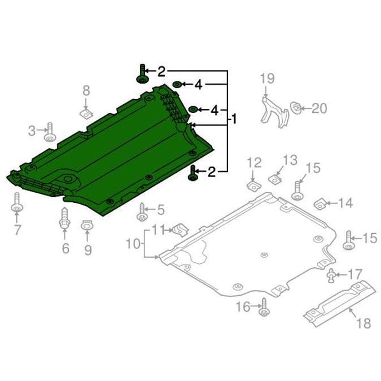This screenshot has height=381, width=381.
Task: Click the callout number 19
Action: coord(267,78)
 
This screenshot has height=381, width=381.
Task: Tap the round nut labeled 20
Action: coord(296,108)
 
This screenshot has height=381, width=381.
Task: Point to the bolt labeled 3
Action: coord(50,133)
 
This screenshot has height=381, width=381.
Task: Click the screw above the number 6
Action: coord(64,218)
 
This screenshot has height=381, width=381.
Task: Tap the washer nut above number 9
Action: coord(86,225)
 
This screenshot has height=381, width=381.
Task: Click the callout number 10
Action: coord(133,243)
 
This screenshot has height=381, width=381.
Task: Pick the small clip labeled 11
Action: coord(180,229)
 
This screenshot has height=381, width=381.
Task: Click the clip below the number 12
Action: coord(254,186)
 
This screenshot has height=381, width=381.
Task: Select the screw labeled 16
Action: coord(264,307)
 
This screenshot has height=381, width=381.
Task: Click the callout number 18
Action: coord(364,323)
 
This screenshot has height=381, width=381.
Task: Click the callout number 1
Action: coord(234,119)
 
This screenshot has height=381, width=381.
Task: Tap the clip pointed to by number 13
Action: coord(275,179)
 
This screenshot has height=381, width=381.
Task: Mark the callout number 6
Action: coord(66,248)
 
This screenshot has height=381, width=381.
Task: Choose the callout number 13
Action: coord(290,160)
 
